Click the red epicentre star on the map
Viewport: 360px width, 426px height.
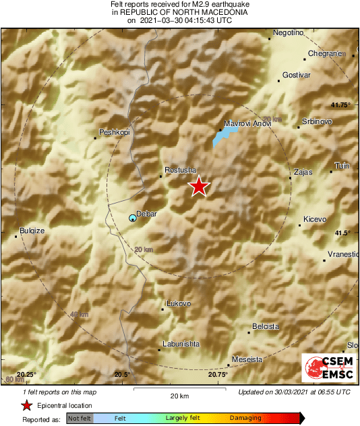tap(198, 186)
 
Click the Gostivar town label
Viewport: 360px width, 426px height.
tap(297, 74)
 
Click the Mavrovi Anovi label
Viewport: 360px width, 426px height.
tap(247, 124)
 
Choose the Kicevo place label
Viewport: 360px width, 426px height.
tap(315, 220)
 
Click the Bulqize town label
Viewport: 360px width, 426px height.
tap(32, 231)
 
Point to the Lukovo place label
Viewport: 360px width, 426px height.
tap(179, 303)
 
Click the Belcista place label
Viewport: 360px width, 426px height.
tap(265, 326)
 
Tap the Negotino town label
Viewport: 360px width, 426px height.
tap(289, 33)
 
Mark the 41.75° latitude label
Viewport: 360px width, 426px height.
tap(341, 104)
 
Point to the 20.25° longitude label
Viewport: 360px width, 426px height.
tap(26, 374)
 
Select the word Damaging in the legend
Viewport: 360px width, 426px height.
tap(245, 418)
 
